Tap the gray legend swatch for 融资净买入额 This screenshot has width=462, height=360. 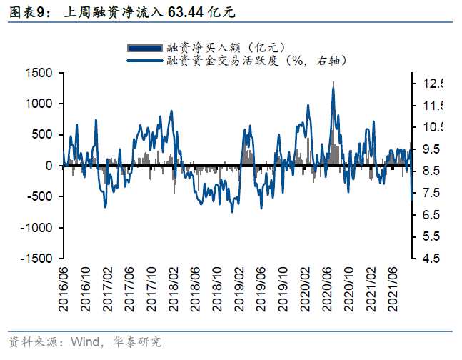click(x=144, y=47)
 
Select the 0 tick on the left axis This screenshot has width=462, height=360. click(x=49, y=166)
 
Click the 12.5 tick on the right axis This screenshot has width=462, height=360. click(x=431, y=84)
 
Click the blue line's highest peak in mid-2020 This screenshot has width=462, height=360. click(x=333, y=83)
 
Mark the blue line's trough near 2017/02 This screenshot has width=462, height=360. click(x=105, y=207)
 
